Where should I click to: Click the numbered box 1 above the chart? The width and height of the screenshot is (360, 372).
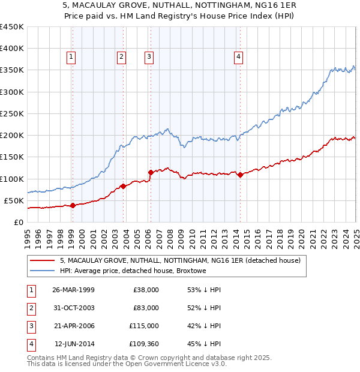tap(71, 57)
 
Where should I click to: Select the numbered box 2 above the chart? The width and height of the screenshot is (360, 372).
tap(121, 57)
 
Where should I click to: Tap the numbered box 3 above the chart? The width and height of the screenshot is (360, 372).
tap(149, 57)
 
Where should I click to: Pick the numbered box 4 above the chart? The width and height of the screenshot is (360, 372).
tap(238, 57)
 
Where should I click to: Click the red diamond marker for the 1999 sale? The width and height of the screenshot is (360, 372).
tap(73, 205)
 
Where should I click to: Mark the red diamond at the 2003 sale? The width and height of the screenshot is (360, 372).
tap(123, 186)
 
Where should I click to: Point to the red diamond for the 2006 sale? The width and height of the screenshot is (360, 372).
tap(151, 172)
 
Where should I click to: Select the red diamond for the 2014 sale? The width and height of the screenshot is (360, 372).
tap(240, 175)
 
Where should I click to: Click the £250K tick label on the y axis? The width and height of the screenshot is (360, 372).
tap(11, 113)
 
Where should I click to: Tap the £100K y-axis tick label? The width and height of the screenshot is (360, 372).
tap(11, 179)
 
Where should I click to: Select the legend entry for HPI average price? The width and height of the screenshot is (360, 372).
tap(133, 271)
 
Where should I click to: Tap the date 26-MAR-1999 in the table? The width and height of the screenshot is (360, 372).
tap(73, 290)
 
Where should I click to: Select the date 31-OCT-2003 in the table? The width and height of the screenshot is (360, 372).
tap(73, 308)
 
